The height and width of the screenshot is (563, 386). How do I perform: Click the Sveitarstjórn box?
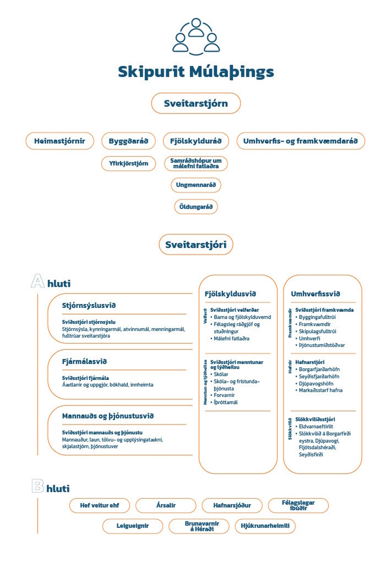pyautogui.click(x=196, y=103)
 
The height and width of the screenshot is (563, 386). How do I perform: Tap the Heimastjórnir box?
pyautogui.click(x=60, y=141)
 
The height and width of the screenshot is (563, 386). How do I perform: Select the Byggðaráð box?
pyautogui.click(x=128, y=141)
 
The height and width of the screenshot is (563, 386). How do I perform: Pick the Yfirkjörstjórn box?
pyautogui.click(x=128, y=163)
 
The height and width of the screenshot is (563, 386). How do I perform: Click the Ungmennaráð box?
pyautogui.click(x=196, y=185)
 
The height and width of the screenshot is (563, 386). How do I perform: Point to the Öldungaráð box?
pyautogui.click(x=196, y=207)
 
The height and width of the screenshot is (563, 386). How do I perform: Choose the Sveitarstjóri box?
pyautogui.click(x=196, y=245)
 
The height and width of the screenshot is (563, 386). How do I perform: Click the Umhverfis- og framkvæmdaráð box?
pyautogui.click(x=300, y=141)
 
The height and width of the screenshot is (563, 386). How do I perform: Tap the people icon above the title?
pyautogui.click(x=196, y=36)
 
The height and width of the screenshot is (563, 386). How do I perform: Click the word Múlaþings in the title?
pyautogui.click(x=231, y=72)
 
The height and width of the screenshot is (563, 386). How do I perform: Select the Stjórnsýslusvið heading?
pyautogui.click(x=89, y=305)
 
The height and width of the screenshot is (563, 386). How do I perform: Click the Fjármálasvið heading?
pyautogui.click(x=84, y=362)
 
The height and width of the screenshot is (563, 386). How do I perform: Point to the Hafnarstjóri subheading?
pyautogui.click(x=310, y=362)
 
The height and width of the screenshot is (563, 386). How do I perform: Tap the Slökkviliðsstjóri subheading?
pyautogui.click(x=315, y=419)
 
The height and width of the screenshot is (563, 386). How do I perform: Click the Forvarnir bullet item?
pyautogui.click(x=224, y=395)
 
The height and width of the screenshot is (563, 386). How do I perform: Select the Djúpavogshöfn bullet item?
pyautogui.click(x=316, y=383)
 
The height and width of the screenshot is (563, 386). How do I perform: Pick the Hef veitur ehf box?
pyautogui.click(x=99, y=506)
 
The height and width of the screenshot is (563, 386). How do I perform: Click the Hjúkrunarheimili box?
pyautogui.click(x=265, y=526)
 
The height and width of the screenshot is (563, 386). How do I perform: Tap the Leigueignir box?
pyautogui.click(x=133, y=526)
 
